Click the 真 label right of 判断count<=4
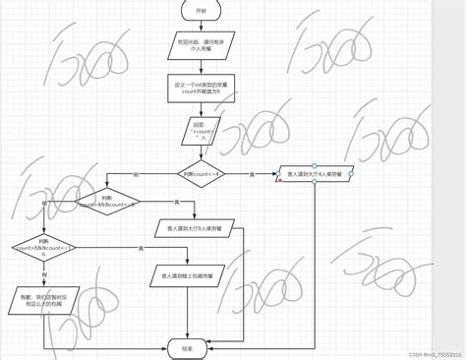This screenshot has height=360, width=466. (252, 175)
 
